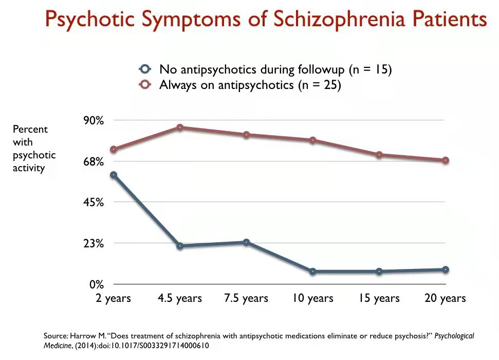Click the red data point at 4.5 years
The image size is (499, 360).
pyautogui.click(x=180, y=127)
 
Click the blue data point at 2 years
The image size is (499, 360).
pyautogui.click(x=114, y=175)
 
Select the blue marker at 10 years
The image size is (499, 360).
pyautogui.click(x=313, y=271)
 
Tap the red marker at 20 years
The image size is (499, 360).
pyautogui.click(x=446, y=160)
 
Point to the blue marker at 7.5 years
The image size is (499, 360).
pyautogui.click(x=246, y=242)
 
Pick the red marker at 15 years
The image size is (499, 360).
pyautogui.click(x=379, y=155)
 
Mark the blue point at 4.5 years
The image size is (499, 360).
pyautogui.click(x=180, y=246)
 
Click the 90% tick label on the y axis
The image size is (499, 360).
pyautogui.click(x=94, y=120)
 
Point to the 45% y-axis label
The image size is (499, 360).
pyautogui.click(x=94, y=202)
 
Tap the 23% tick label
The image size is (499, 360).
pyautogui.click(x=94, y=243)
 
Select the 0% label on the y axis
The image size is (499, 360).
pyautogui.click(x=97, y=284)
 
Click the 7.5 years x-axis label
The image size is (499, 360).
pyautogui.click(x=246, y=298)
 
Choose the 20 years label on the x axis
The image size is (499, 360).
pyautogui.click(x=445, y=298)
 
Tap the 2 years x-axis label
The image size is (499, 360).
pyautogui.click(x=114, y=298)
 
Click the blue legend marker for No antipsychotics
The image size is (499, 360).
pyautogui.click(x=145, y=69)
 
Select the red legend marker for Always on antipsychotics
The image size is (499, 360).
pyautogui.click(x=145, y=85)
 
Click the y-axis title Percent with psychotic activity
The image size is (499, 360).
pyautogui.click(x=34, y=148)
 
